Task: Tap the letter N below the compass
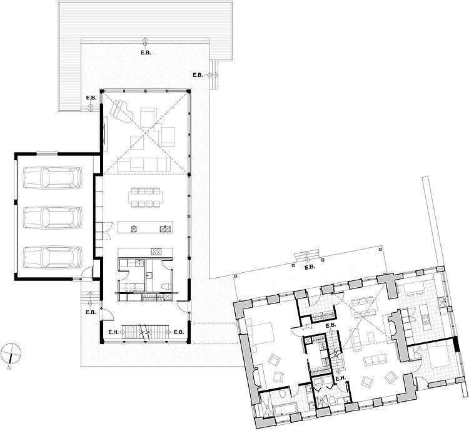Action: point(9,367)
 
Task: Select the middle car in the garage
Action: point(53,216)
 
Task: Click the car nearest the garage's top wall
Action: point(53,177)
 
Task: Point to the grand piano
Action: point(120,110)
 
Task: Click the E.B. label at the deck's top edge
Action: point(146,53)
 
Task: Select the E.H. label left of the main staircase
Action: point(113,332)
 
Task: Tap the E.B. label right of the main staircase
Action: point(179,332)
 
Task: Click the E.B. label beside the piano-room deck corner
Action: point(91,98)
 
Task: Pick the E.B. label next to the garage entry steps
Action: point(91,312)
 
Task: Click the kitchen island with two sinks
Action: point(145,227)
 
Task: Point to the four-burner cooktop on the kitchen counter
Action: point(156,252)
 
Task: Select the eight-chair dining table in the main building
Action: point(145,197)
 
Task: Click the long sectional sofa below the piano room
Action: point(144,165)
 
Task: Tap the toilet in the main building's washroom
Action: point(166,287)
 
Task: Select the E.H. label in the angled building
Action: point(341,379)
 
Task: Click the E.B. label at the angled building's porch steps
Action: point(310,268)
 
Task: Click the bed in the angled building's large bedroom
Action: point(260,334)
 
